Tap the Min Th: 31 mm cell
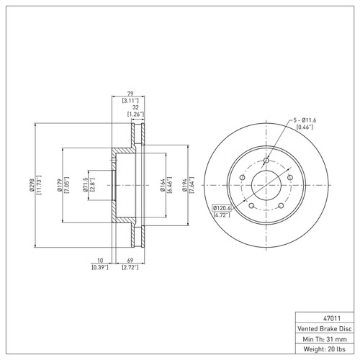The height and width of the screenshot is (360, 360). (325, 338)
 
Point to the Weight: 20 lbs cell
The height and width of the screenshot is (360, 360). (325, 350)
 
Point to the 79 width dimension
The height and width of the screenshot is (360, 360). (129, 94)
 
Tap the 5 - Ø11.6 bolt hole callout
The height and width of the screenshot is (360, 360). (305, 120)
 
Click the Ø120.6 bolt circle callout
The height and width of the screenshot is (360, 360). (222, 208)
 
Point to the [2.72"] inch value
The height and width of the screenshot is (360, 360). (129, 267)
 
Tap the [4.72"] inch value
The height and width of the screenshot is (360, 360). (220, 215)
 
